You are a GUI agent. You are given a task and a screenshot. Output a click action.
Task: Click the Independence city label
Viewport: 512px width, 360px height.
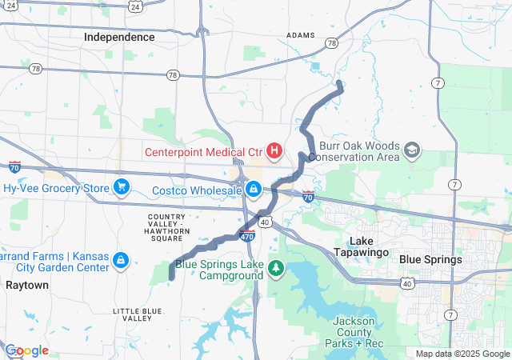pyautogui.click(x=119, y=37)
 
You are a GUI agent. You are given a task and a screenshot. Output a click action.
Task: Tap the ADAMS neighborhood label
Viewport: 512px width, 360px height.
pyautogui.click(x=301, y=35)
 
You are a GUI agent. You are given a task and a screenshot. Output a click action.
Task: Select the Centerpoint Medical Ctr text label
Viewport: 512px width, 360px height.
pyautogui.click(x=203, y=151)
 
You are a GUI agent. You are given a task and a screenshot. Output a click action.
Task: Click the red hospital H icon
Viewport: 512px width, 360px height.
pyautogui.click(x=274, y=150)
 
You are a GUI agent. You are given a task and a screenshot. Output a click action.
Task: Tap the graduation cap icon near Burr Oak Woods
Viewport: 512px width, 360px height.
pyautogui.click(x=412, y=150)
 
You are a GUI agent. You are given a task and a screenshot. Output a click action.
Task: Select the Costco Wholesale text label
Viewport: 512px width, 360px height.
pyautogui.click(x=197, y=190)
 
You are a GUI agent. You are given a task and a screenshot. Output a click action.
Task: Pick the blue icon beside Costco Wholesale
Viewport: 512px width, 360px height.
pyautogui.click(x=253, y=189)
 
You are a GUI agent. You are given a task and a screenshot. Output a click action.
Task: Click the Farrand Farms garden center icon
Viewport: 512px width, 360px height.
pyautogui.click(x=120, y=260)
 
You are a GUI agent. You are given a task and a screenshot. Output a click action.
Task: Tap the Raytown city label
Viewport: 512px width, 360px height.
pyautogui.click(x=27, y=285)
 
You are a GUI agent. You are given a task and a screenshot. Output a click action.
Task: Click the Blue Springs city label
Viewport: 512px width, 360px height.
pyautogui.click(x=430, y=259)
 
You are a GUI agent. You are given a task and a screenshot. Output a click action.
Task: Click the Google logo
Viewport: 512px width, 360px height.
pyautogui.click(x=26, y=350)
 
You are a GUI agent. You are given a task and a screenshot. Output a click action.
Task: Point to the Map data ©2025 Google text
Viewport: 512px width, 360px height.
pyautogui.click(x=462, y=354)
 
